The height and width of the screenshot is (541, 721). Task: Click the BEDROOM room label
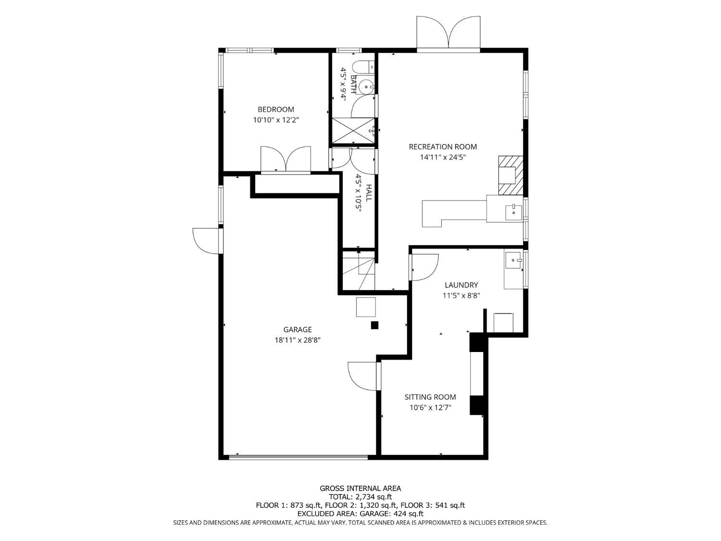[275, 109]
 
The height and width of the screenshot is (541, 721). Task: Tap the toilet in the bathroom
[363, 67]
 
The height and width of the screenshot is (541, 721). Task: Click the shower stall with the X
[353, 131]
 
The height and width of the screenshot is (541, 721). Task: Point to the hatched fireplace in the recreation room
[510, 176]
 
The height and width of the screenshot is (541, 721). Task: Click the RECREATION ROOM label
[443, 147]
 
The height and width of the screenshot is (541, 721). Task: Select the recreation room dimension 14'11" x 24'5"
[443, 157]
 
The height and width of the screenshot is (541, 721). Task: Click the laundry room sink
[513, 260]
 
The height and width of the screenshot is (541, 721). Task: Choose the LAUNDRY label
[461, 285]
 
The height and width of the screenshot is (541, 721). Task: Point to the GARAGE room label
[298, 329]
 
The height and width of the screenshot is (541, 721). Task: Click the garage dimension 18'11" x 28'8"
[298, 340]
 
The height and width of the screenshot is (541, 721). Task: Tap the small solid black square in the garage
[374, 325]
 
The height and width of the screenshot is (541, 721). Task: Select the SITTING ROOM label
[430, 397]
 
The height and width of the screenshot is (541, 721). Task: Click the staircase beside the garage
[359, 271]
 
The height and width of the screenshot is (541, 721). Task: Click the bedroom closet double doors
[286, 159]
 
